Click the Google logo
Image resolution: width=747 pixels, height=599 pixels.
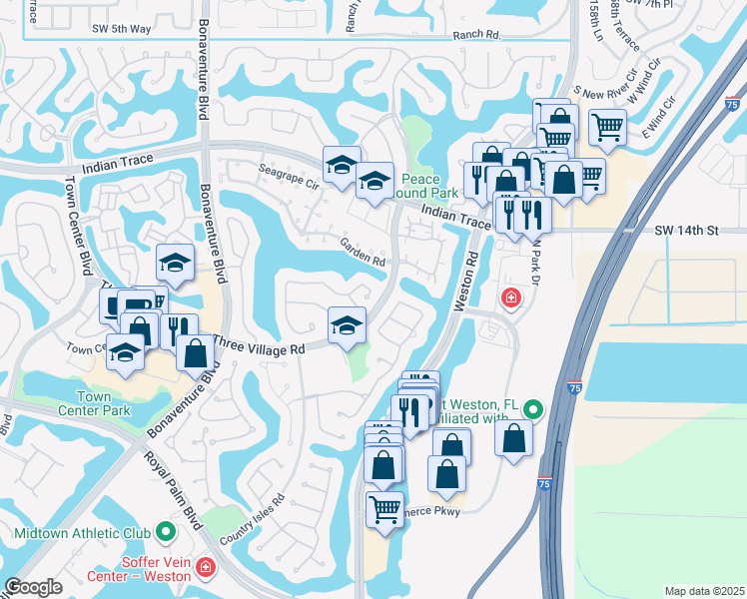point(33,587)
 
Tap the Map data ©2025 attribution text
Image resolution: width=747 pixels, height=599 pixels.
point(704,591)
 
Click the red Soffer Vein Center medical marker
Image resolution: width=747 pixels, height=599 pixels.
point(206,567)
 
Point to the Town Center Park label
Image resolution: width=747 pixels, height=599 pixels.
point(107,403)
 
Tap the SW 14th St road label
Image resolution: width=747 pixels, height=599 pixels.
point(686,230)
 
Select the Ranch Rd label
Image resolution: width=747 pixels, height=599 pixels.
point(475,34)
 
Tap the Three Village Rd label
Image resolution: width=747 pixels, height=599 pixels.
point(258,349)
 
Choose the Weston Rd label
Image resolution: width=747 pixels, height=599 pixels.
point(465,280)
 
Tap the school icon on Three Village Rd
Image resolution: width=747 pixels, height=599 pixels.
point(347,324)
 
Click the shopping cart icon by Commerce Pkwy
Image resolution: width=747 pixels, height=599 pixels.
point(384,508)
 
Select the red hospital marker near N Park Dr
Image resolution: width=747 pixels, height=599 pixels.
point(510,298)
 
